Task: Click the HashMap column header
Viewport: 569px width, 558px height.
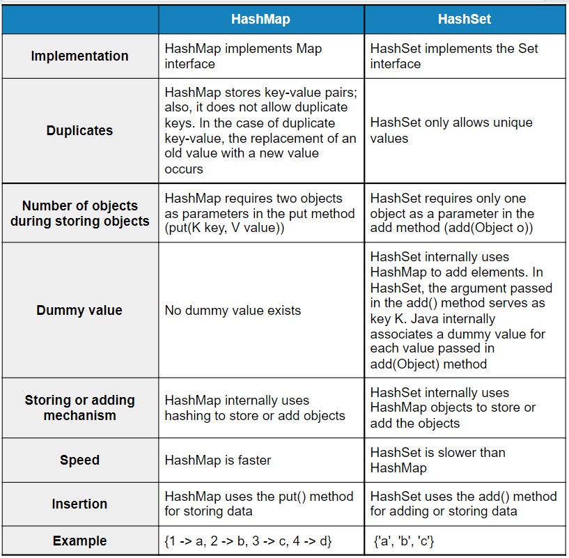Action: (x=260, y=20)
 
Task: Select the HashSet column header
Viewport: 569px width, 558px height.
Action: (x=465, y=20)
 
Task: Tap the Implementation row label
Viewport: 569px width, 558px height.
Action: (x=79, y=56)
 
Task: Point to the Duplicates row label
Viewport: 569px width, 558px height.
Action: (x=79, y=130)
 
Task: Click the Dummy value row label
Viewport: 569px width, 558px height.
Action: (x=79, y=310)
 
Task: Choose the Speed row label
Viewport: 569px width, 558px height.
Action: (x=79, y=460)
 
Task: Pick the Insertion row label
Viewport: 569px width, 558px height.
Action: (x=79, y=504)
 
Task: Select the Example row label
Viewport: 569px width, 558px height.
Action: (x=79, y=541)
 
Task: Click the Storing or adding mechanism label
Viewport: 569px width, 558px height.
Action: (x=79, y=408)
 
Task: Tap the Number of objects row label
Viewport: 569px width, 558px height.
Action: (x=79, y=213)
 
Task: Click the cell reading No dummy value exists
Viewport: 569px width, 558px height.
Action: (x=233, y=310)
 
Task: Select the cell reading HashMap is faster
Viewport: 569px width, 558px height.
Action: (x=218, y=460)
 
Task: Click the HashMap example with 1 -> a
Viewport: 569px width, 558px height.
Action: (x=249, y=541)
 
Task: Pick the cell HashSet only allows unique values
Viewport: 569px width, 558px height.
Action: (x=451, y=130)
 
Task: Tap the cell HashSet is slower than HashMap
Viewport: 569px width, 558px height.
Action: (x=437, y=460)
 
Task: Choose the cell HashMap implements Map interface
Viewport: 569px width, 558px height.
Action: (x=243, y=56)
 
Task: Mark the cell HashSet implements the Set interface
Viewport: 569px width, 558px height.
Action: (x=454, y=56)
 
